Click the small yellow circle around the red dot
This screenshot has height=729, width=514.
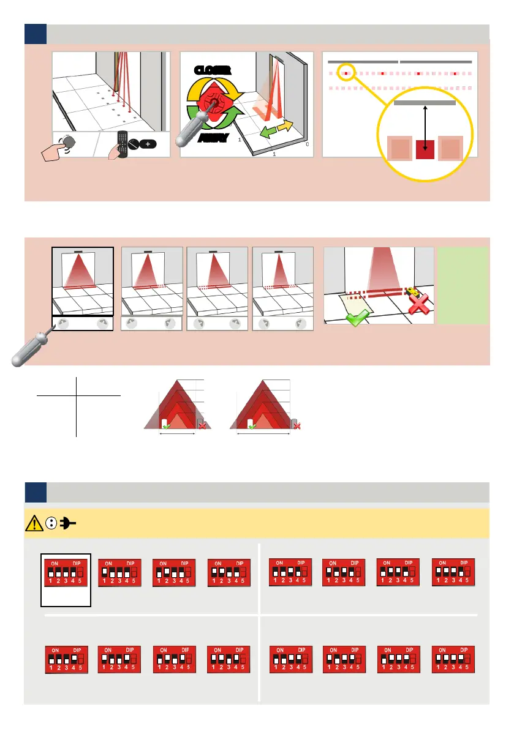(346, 72)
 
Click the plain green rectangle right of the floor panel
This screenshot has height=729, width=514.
(463, 285)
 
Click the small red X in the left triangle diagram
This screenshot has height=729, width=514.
(202, 426)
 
